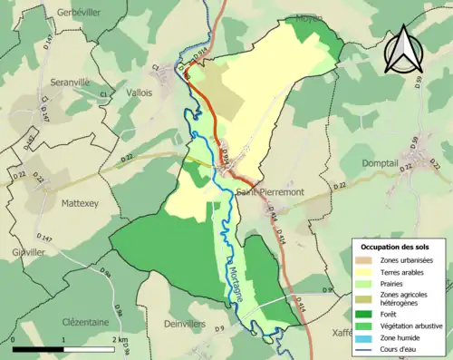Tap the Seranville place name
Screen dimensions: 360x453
click(61, 79)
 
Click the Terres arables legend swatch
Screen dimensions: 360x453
click(367, 271)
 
